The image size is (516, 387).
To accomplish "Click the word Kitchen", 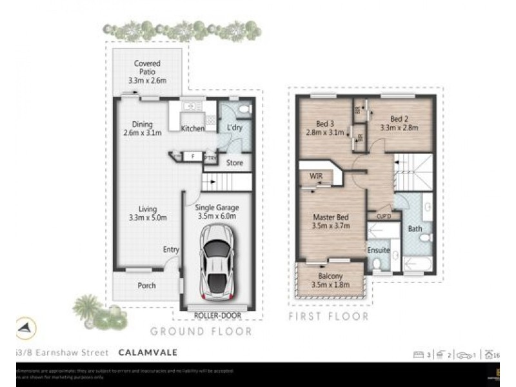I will (x=192, y=129).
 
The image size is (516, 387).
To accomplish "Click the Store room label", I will (x=235, y=163).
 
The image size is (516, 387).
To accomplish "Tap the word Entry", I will (x=171, y=250).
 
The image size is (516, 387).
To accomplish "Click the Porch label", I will (x=146, y=285).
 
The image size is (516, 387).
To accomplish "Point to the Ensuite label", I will (x=378, y=250).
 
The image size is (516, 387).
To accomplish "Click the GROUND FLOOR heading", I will (x=201, y=332).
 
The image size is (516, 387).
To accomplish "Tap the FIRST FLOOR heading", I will (x=328, y=317).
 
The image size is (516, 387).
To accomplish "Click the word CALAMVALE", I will (x=148, y=353).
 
